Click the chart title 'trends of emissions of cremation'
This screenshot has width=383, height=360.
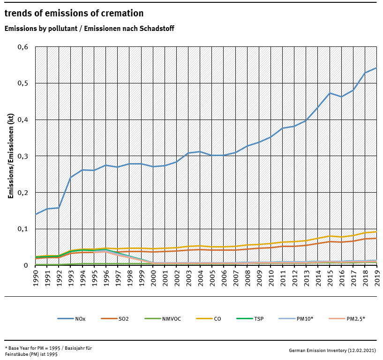[74, 13]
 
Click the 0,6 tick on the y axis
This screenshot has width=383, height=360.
[23, 47]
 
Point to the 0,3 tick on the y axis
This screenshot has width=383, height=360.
[23, 156]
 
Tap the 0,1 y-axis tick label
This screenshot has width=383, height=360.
[23, 229]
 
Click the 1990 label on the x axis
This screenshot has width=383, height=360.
[36, 277]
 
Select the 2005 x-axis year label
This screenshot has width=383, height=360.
[212, 277]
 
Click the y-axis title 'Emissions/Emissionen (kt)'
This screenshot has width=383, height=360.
[10, 156]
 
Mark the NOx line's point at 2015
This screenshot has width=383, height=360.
[330, 93]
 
